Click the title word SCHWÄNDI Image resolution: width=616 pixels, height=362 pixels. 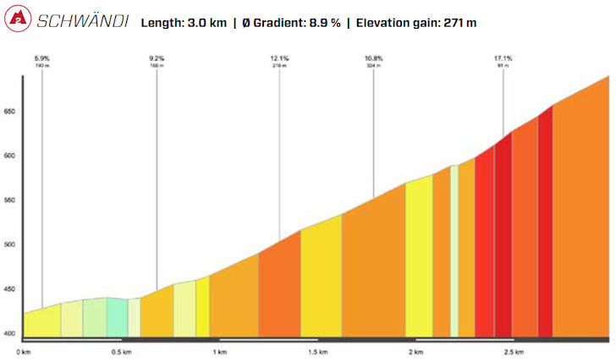pos(82,20)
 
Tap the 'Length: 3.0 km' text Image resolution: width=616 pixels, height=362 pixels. pos(184,22)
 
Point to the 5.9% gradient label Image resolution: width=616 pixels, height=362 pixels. pos(42,58)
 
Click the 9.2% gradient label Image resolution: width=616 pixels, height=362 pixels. pos(156,58)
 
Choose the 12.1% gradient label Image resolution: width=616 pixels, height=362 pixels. pos(280,58)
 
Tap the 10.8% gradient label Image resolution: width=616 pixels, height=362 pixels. pos(374,58)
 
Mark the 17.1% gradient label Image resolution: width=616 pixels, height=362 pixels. pos(503,58)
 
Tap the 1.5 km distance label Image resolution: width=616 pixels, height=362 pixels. pos(318,351)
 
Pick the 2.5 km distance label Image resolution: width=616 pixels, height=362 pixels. pos(513,351)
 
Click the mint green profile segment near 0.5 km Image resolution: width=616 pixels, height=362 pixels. pos(117,318)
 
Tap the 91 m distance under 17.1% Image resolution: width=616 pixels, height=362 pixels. pos(503,65)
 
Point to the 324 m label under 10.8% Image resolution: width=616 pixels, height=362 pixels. pos(374,65)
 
